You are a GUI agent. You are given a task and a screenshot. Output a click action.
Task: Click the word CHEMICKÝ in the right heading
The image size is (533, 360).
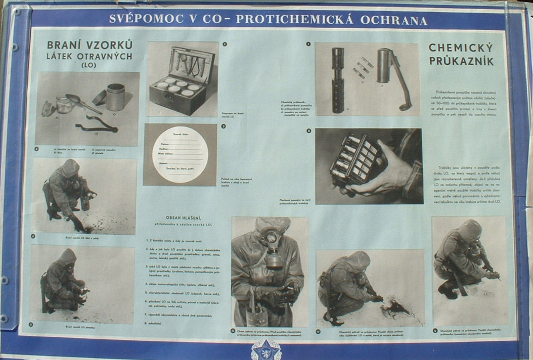[x=460, y=49]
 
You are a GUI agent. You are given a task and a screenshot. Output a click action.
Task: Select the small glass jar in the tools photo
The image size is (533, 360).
[x=64, y=104]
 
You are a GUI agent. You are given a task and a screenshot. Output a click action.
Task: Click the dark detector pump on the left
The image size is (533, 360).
[x=338, y=81]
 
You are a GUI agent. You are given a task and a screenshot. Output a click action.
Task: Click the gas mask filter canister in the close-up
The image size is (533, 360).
[x=274, y=258]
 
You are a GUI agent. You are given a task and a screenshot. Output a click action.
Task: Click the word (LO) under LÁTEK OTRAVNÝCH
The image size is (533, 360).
[x=89, y=65]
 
